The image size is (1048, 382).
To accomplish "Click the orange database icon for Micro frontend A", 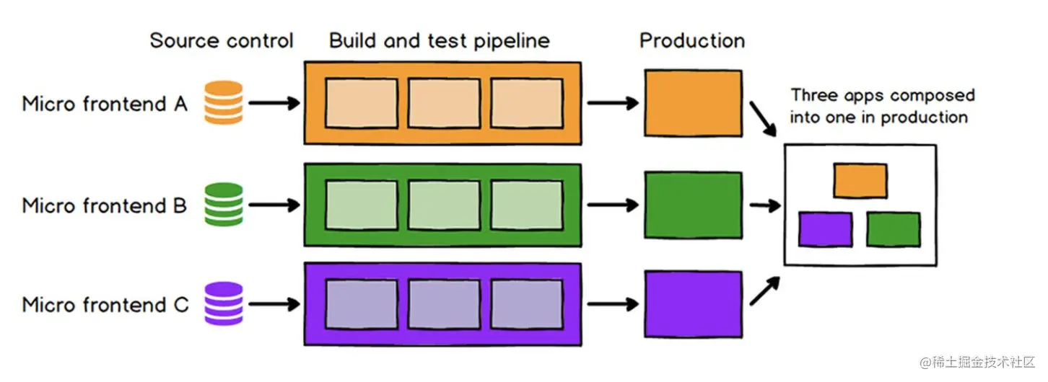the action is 224,103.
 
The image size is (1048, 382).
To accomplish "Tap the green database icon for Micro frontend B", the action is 224,205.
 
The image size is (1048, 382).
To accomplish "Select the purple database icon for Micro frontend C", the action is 224,303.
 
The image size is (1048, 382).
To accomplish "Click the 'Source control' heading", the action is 222,40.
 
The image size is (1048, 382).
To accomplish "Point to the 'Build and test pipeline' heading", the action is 440,41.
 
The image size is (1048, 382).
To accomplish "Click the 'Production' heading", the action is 692,40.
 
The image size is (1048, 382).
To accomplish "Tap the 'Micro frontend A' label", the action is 105,104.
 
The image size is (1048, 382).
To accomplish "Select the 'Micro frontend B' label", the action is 105,205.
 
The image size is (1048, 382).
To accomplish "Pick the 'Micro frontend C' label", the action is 105,305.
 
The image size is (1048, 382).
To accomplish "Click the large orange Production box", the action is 693,103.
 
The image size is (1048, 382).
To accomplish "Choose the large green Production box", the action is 693,205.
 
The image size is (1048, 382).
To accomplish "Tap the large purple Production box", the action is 693,304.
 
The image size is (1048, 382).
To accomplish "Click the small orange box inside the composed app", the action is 860,181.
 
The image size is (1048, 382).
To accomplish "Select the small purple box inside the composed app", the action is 825,229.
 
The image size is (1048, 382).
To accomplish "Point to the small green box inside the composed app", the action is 893,229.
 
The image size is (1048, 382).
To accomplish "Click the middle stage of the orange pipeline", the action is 444,103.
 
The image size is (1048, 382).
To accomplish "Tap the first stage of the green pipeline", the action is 362,205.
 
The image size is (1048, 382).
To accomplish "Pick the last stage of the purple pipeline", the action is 527,304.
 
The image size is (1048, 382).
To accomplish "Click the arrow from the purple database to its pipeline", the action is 274,304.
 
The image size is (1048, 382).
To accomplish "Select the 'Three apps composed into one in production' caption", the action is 883,106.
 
